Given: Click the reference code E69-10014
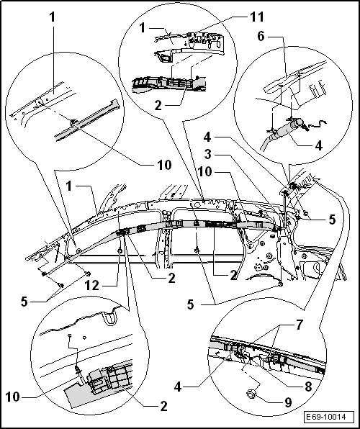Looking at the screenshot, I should (329, 417).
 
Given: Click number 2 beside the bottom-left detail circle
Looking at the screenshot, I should (164, 407).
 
